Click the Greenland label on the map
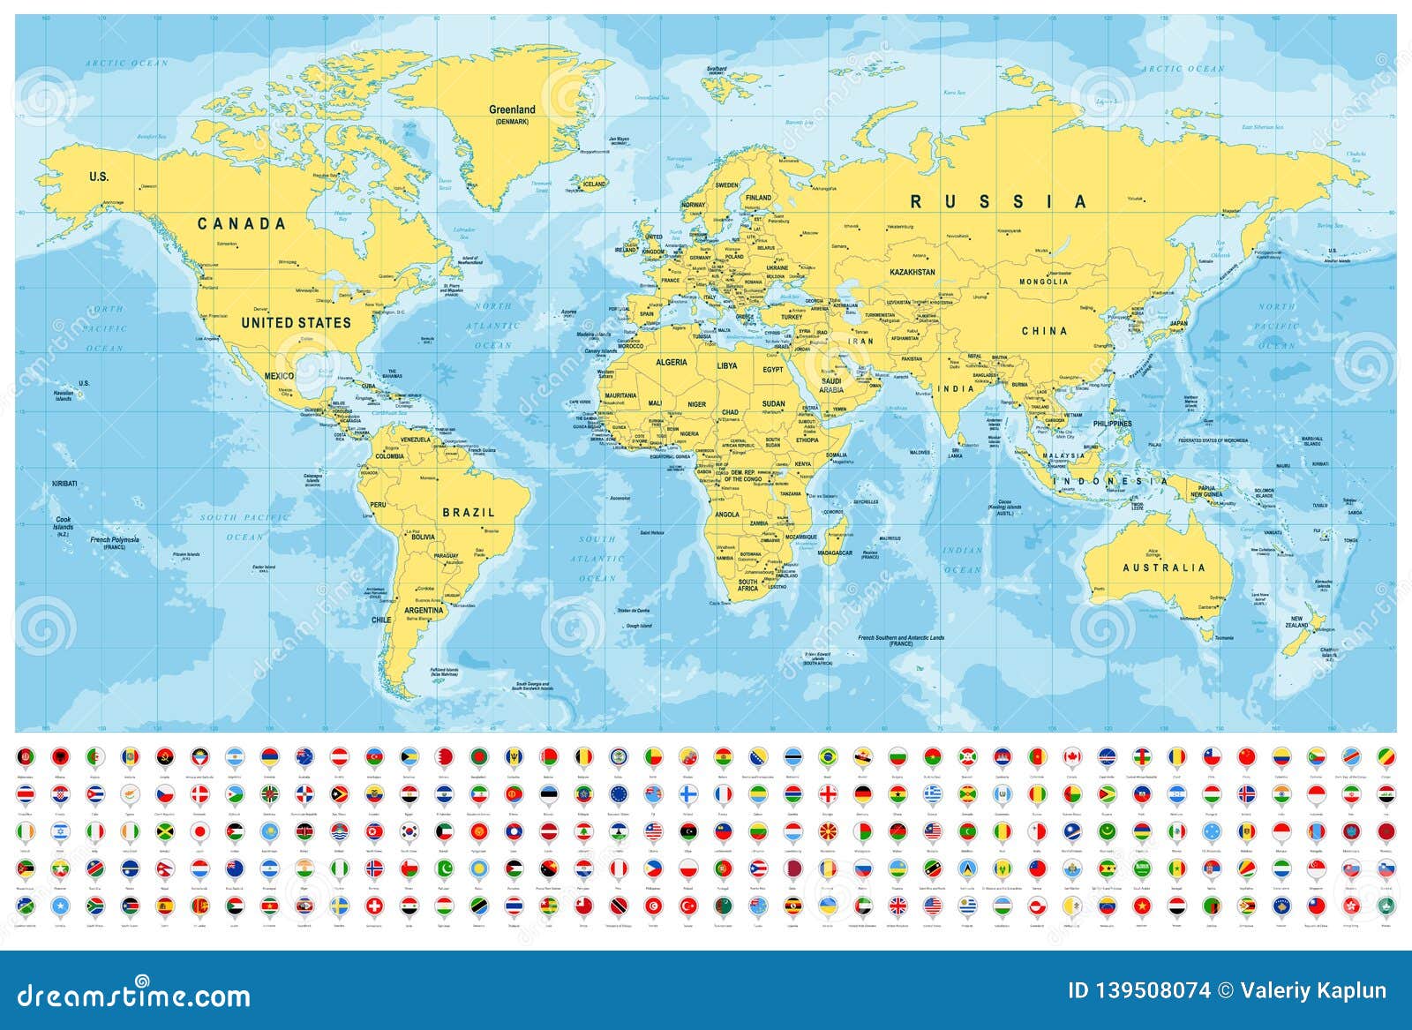coord(513,110)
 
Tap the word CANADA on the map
coord(242,224)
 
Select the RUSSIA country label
coord(999,202)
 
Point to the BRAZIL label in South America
coord(469,512)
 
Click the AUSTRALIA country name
coord(1163,568)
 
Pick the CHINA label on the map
coord(1044,331)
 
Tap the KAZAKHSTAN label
coord(912,272)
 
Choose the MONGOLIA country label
coord(1043,282)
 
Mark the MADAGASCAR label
coord(835,552)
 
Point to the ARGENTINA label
coord(424,610)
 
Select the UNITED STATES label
coord(296,323)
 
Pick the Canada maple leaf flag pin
coord(1071,756)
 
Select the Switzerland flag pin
coord(376,906)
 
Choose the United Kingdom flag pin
coord(898,906)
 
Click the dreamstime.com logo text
coord(132,996)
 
